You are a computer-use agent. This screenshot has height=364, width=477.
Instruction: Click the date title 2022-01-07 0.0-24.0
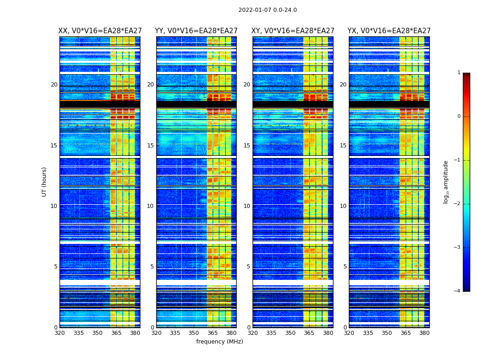(x=268, y=10)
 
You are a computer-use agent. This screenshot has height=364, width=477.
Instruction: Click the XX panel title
(x=100, y=31)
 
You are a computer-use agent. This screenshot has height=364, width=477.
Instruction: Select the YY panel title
(x=196, y=31)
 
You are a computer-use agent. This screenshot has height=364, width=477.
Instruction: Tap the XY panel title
(x=293, y=31)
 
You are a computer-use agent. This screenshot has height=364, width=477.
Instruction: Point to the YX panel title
(x=389, y=31)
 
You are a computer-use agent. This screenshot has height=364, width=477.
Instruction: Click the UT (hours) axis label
(x=44, y=182)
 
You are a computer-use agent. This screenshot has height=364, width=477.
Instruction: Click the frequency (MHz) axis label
(x=219, y=342)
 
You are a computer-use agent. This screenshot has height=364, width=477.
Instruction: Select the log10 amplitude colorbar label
(x=446, y=182)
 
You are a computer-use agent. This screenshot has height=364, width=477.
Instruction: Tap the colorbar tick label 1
(x=459, y=73)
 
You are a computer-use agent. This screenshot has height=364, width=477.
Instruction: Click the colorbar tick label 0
(x=459, y=116)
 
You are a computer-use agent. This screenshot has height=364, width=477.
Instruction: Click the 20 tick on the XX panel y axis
(x=54, y=85)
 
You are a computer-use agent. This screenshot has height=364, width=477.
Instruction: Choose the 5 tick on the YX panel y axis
(x=345, y=267)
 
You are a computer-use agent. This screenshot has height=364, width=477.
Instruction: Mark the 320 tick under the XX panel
(x=60, y=333)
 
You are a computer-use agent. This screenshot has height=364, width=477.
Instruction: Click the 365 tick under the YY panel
(x=213, y=333)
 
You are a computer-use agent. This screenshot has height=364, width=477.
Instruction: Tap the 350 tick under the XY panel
(x=290, y=333)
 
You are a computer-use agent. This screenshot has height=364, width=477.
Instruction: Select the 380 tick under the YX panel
(x=424, y=333)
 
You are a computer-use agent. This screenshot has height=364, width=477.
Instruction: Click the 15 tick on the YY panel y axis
(x=150, y=146)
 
